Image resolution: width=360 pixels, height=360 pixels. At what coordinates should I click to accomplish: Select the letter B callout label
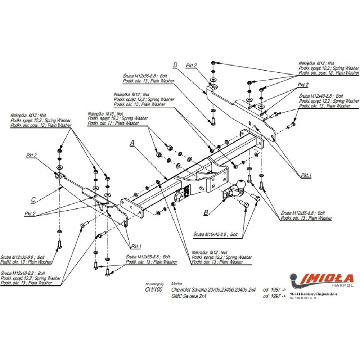pyautogui.click(x=206, y=212)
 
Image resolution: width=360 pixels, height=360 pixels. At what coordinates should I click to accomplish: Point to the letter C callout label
pyautogui.click(x=33, y=199)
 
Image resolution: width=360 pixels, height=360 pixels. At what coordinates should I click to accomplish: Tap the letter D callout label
pyautogui.click(x=175, y=65)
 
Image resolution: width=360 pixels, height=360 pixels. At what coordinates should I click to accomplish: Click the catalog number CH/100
pyautogui.click(x=154, y=289)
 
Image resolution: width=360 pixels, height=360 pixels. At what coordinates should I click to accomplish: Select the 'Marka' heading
pyautogui.click(x=177, y=283)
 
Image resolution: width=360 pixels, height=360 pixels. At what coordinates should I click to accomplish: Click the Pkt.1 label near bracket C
pyautogui.click(x=136, y=246)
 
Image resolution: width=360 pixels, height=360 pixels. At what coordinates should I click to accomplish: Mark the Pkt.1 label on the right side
pyautogui.click(x=306, y=175)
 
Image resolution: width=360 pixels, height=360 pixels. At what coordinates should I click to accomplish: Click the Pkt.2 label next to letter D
pyautogui.click(x=191, y=66)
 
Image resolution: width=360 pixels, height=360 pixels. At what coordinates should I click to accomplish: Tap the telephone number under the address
pyautogui.click(x=303, y=298)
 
